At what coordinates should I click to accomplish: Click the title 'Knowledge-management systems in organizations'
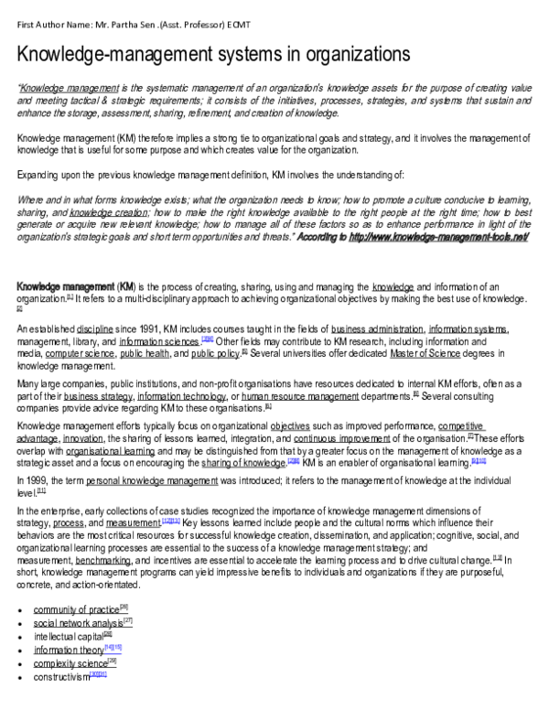click(214, 55)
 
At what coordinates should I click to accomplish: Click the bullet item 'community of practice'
click(76, 608)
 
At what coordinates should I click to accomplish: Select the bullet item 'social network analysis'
click(76, 622)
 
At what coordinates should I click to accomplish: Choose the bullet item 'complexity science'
click(70, 662)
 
